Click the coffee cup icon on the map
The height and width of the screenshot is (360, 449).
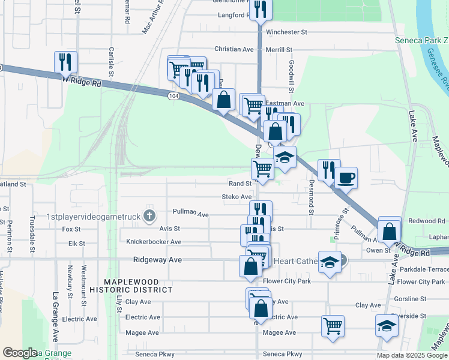pos(346,178)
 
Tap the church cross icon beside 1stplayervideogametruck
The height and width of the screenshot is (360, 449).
pos(149,215)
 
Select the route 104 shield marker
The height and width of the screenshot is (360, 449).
pos(173,95)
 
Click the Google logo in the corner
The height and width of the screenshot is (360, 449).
pos(20,353)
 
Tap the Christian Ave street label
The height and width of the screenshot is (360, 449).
pos(234,49)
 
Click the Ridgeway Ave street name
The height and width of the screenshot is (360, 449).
pos(157,260)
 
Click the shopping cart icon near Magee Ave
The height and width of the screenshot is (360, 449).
pos(333,326)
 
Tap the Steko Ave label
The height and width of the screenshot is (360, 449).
pos(237,197)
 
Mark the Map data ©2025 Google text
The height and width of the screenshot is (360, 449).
pos(412,355)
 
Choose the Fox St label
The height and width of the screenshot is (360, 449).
pos(71,229)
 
